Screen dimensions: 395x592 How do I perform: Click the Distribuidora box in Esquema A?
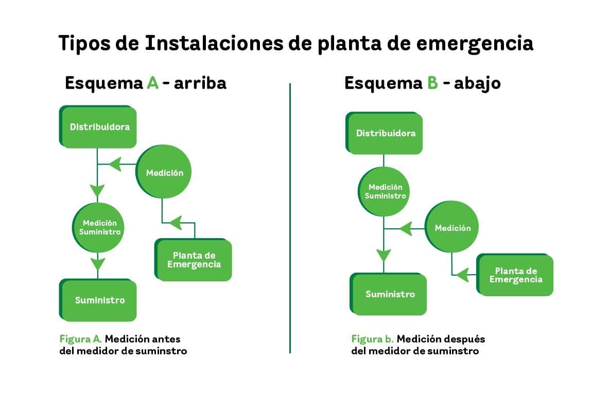pos(99,127)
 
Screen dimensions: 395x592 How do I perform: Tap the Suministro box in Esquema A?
pos(99,300)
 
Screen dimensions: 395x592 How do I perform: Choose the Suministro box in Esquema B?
pos(389,294)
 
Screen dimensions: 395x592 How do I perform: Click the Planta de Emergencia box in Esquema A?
pos(194,260)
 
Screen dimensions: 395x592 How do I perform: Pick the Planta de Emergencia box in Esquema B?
pos(515,275)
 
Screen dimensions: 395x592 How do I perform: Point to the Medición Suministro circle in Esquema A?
pos(98,227)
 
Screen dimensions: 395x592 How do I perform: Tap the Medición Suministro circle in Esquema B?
pos(385,191)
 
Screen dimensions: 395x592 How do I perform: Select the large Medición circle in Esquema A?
pos(164,173)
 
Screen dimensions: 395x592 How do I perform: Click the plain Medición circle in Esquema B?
pos(452,228)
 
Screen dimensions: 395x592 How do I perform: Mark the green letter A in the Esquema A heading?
pos(152,83)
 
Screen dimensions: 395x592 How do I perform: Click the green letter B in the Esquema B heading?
pos(432,83)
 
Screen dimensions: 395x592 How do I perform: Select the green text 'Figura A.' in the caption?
pos(81,339)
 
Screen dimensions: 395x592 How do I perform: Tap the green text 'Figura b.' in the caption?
pos(373,339)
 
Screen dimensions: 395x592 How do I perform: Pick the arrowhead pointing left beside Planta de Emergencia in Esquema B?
pos(462,275)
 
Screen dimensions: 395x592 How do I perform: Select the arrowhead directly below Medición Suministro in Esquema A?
pos(98,264)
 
